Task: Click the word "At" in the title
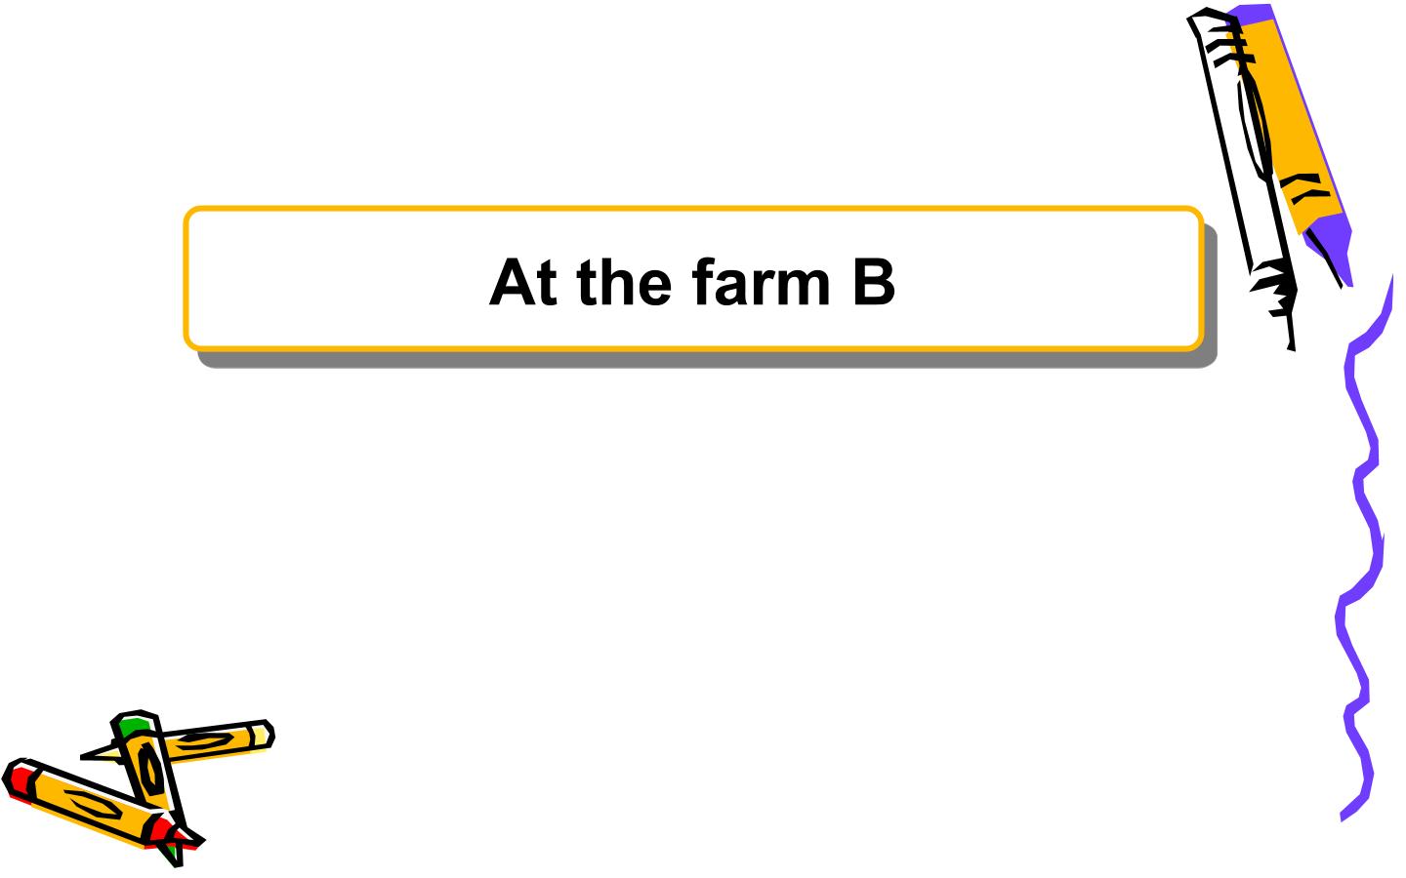click(523, 282)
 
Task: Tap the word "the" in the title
click(625, 282)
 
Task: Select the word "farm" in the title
click(762, 282)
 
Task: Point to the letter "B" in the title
click(874, 282)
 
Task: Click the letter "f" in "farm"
click(704, 282)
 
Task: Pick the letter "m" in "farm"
click(804, 288)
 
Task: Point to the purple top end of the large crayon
click(1251, 13)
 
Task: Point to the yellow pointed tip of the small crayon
click(100, 754)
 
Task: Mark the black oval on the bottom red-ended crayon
click(93, 804)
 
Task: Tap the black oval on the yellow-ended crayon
click(201, 740)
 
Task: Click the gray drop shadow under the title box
click(703, 360)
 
